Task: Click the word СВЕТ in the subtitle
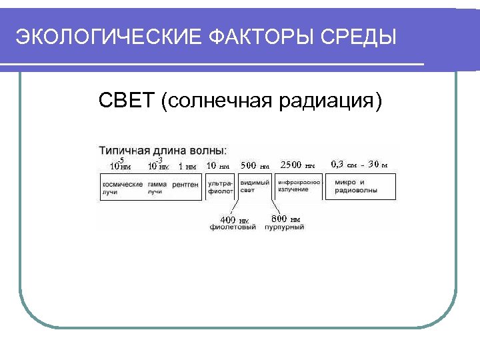(127, 101)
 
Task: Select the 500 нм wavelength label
(255, 165)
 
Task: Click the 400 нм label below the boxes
(233, 219)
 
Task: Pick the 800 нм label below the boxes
(285, 219)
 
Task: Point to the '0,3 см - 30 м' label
(359, 164)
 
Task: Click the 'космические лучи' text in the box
(122, 187)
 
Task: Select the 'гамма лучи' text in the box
(157, 187)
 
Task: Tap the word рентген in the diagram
(185, 184)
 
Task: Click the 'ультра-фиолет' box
(219, 187)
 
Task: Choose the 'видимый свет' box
(255, 187)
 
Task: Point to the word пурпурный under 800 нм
(284, 227)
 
